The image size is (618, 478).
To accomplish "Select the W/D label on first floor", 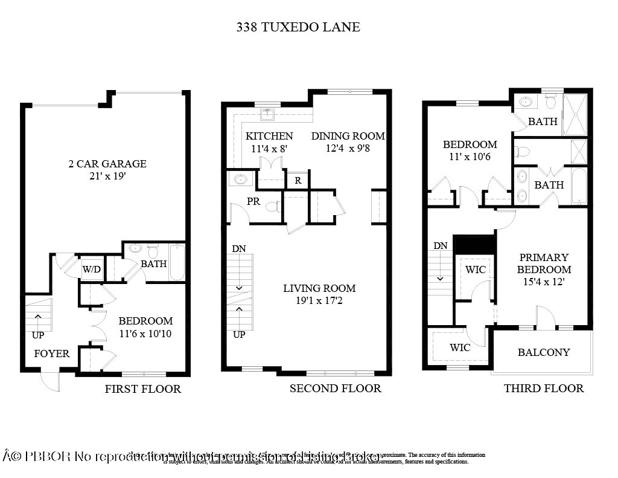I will pos(91,269).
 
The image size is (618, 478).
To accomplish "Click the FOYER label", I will pos(51,354).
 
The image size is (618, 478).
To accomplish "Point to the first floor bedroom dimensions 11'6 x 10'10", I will pos(145,333).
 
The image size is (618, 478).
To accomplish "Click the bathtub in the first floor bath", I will pos(177,262).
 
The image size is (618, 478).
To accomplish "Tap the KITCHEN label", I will pos(269,137).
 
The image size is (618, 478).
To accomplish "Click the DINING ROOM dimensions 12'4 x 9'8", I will pos(348,148).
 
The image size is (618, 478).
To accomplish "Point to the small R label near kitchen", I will pos(298,180).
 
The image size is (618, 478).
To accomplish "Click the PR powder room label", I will pos(253,202).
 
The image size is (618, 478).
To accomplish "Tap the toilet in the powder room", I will pos(273,207).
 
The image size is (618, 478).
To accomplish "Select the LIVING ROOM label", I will pos(319,288).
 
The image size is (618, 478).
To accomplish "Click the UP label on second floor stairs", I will pos(239,334).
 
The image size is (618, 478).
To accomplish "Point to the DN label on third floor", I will pos(441,245).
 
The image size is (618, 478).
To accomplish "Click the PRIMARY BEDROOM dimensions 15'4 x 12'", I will pos(544,282).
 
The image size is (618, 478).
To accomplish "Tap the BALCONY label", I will pos(544,352).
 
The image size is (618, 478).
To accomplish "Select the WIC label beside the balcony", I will pos(460,348).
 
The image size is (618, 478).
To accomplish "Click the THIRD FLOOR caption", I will pos(544,389).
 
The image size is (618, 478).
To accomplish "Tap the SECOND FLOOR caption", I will pos(335,389).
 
